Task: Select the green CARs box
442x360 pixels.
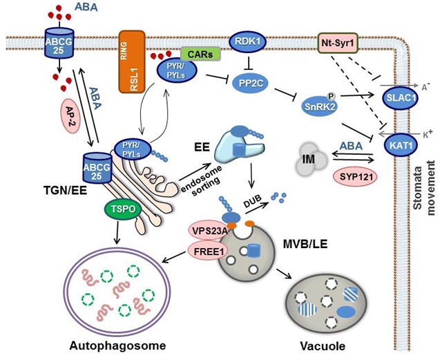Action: coord(200,53)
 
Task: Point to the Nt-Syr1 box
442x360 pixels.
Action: coord(335,43)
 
